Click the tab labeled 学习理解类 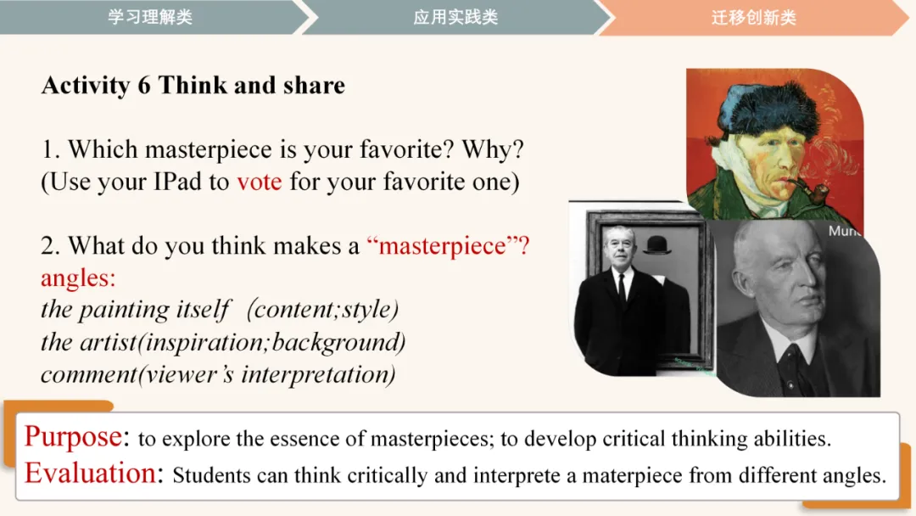tap(150, 17)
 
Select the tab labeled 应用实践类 tap(455, 17)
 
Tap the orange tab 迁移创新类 tap(754, 18)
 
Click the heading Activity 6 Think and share tap(193, 86)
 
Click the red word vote tap(260, 182)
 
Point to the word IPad tap(177, 182)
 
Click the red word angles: tap(78, 278)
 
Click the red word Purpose tap(73, 436)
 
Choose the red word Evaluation tap(91, 473)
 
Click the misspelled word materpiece tap(632, 475)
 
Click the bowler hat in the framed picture tap(657, 244)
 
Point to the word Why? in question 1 tap(493, 149)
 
